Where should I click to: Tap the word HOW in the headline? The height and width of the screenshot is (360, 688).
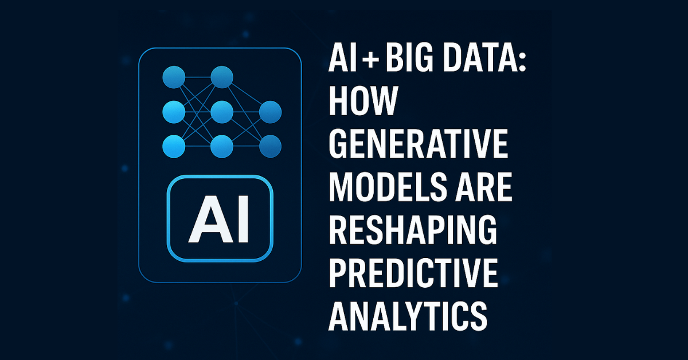coord(363,100)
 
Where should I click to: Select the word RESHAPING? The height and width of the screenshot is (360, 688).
coord(413,230)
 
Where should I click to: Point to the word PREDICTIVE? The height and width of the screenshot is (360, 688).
coord(413,273)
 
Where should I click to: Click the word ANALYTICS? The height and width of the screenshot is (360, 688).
coord(408,316)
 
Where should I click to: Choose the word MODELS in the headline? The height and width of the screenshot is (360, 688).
coord(388,186)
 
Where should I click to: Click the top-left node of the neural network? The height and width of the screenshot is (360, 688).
coord(174,77)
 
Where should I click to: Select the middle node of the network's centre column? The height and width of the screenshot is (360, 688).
coord(222,112)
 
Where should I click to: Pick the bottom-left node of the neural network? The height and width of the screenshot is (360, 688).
coord(174,147)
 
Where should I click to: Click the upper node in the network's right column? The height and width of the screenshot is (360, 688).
coord(270,112)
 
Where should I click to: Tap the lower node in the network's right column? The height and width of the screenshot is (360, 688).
coord(270,147)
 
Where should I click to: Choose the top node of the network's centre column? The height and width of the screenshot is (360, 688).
coord(222,77)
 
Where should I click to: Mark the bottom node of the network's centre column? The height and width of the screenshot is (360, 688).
coord(222,147)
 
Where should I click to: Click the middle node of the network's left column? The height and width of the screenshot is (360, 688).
coord(174,112)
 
